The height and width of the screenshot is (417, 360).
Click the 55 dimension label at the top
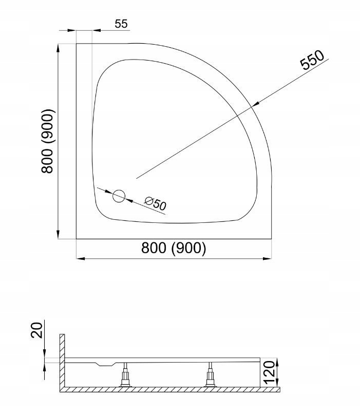click(121, 24)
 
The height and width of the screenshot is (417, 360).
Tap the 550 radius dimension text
click(312, 60)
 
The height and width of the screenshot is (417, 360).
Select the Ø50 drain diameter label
click(156, 203)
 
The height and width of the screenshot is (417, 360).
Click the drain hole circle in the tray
click(119, 196)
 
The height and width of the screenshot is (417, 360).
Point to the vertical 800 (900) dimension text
click(48, 141)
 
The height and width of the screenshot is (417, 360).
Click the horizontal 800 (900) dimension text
click(174, 248)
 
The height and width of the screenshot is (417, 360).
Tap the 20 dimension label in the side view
click(36, 330)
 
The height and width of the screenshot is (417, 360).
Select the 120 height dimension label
click(269, 372)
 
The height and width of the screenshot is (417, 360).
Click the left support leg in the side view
click(125, 374)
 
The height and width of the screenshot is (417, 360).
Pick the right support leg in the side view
click(211, 374)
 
